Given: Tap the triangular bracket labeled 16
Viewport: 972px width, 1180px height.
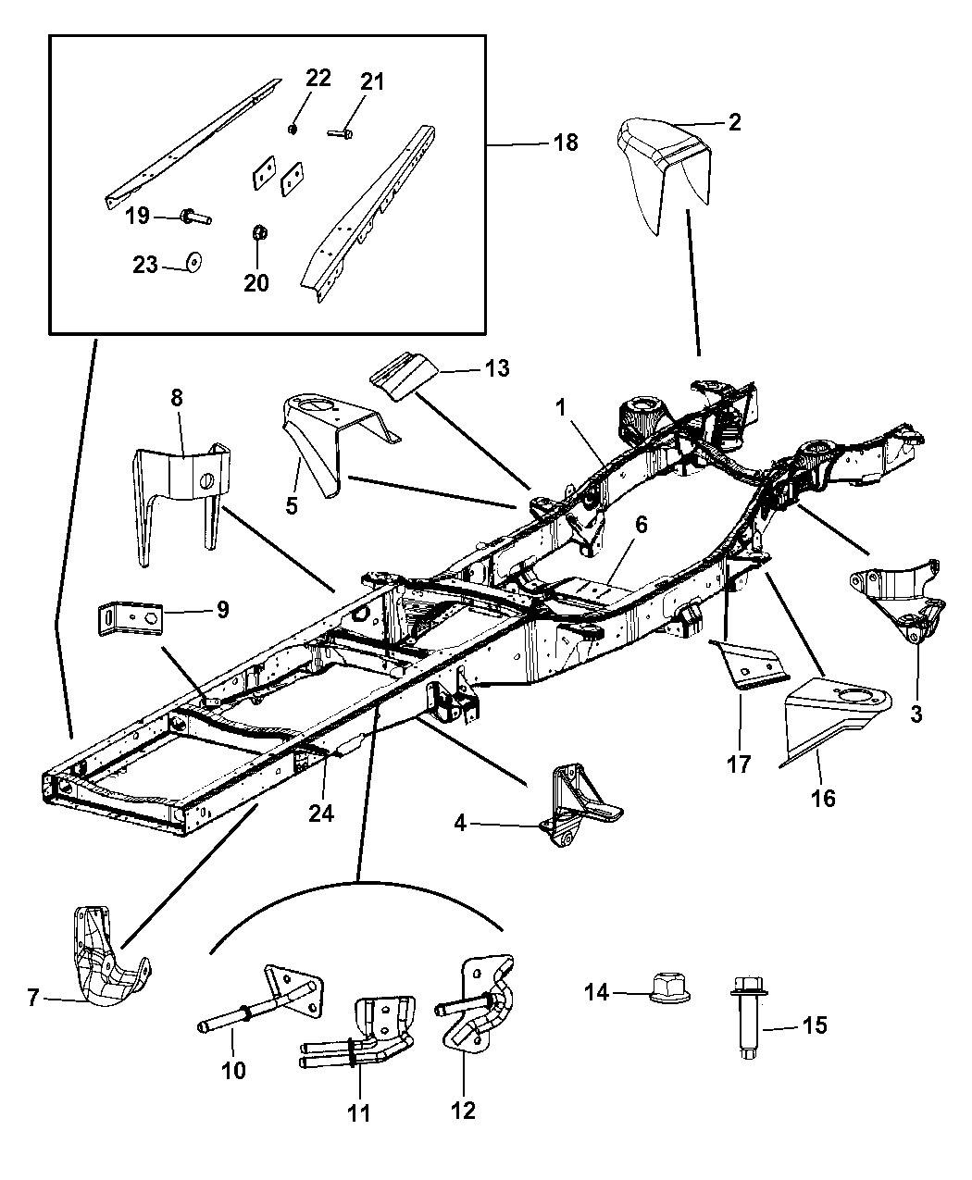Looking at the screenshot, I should [x=834, y=714].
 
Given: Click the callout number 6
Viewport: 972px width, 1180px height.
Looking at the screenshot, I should [x=641, y=525].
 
